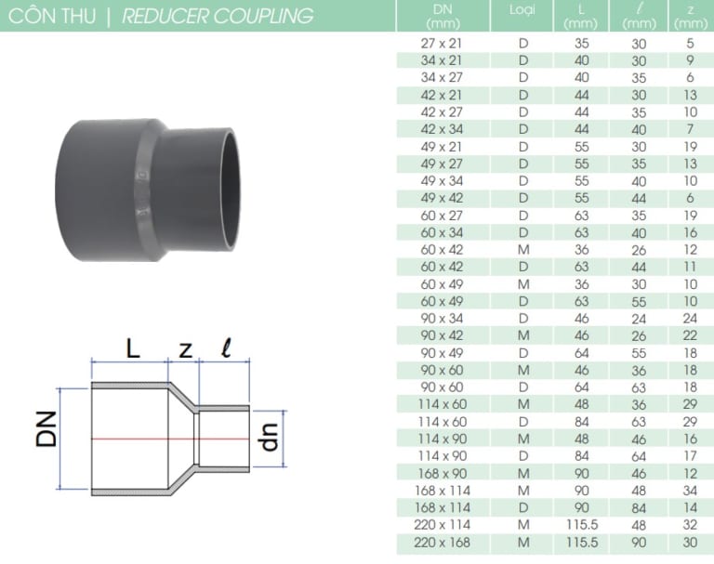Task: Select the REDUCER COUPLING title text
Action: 218,17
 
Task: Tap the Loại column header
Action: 522,10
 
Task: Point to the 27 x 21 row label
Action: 443,43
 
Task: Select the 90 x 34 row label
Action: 443,318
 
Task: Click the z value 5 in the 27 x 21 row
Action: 689,43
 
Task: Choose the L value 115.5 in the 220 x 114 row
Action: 579,525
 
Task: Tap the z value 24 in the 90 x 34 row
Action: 689,318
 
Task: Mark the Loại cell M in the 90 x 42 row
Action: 522,335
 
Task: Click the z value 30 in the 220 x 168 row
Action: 689,542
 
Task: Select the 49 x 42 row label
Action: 443,198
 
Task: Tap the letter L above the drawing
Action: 133,348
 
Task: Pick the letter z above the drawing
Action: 184,350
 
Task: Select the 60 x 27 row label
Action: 443,215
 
